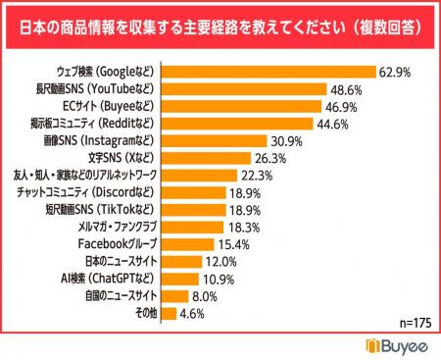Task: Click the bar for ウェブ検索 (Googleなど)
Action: [268, 72]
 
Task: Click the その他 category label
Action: [140, 313]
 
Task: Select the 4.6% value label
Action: [193, 313]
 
